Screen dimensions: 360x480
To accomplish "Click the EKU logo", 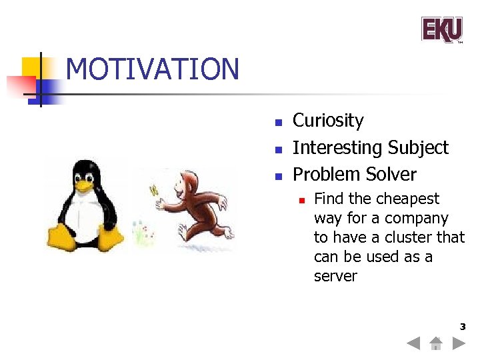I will click(441, 29).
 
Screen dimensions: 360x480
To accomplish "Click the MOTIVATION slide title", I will click(153, 69).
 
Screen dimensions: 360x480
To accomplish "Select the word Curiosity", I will click(328, 121).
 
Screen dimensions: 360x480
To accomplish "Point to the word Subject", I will click(419, 147).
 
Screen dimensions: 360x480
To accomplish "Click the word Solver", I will click(391, 175).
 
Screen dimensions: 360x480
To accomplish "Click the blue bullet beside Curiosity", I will click(279, 123).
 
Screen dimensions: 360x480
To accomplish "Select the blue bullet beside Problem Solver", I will click(279, 177).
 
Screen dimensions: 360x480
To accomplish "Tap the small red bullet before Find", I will click(301, 200).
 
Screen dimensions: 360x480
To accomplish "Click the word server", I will click(335, 276).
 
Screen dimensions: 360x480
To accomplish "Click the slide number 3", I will click(462, 327).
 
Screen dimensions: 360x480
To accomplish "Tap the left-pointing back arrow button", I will click(413, 344).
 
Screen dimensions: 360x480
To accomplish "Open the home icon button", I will click(436, 344).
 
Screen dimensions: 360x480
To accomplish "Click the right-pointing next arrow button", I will click(459, 344).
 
